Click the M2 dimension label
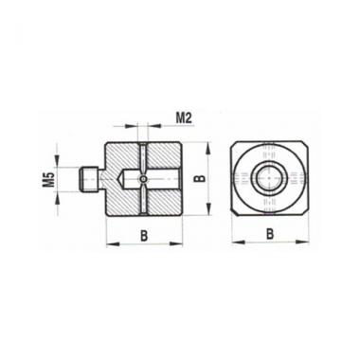coord(184,118)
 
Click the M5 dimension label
coord(50,179)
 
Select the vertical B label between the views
coord(200,179)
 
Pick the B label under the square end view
coord(269,234)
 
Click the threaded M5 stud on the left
coord(89,179)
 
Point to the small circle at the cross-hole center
coord(144,179)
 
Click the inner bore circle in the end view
coord(269,178)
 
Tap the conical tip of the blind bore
coord(121,179)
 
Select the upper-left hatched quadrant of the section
coord(121,156)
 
